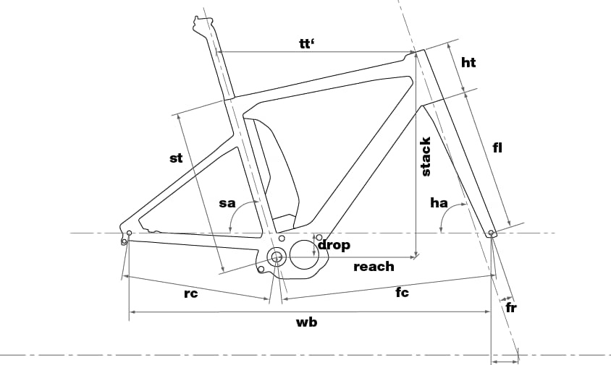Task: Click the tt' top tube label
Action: pos(307,43)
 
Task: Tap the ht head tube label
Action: pos(468,62)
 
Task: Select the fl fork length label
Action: pos(497,147)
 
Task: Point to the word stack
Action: pos(426,156)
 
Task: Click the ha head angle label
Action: pos(439,202)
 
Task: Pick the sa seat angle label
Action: pos(227,203)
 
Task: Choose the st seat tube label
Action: pos(176,158)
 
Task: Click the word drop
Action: pos(334,245)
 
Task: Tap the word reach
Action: pos(374,267)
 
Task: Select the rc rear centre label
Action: pos(191,293)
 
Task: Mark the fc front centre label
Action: pos(402,292)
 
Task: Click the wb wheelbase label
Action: pos(307,322)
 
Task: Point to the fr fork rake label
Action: pos(511,307)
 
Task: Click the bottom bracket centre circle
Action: pos(277,257)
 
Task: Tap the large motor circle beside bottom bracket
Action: pos(304,254)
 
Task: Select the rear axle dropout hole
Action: pos(129,233)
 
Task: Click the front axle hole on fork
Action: pos(492,233)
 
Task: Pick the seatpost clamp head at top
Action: pos(203,23)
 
